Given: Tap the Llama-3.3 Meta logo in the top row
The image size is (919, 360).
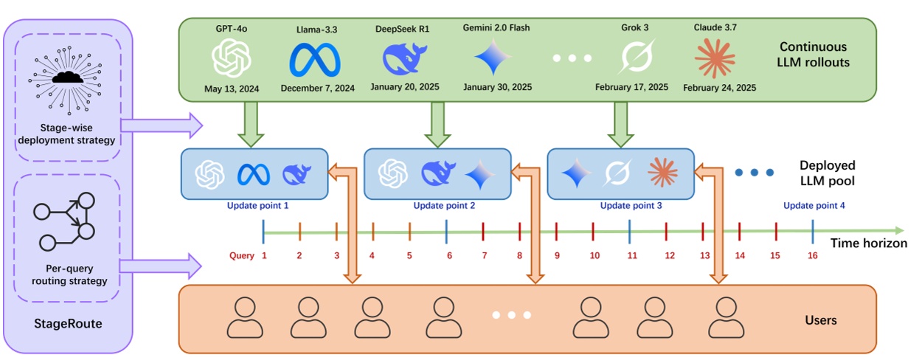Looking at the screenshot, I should [x=317, y=60].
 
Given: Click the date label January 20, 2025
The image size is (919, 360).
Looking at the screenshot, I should [x=405, y=87].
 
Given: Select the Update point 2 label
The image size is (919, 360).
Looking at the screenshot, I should [x=444, y=206].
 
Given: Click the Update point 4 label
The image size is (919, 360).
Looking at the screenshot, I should [x=814, y=206].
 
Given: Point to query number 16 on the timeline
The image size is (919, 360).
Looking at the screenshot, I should [x=813, y=256].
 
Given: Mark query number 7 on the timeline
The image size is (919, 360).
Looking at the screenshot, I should [x=484, y=256].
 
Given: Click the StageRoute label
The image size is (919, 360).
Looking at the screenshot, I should [x=67, y=323].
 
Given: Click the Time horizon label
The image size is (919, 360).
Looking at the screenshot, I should [x=868, y=243].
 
